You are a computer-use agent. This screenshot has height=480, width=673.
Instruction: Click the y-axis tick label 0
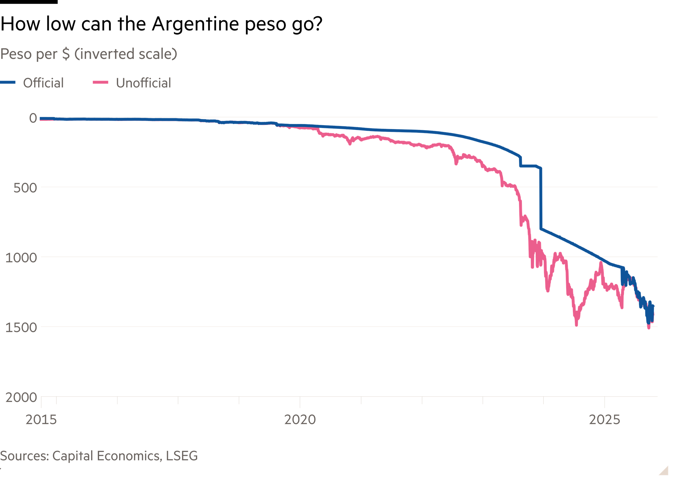click(x=33, y=118)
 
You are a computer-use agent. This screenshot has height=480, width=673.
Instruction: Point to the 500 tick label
click(x=25, y=188)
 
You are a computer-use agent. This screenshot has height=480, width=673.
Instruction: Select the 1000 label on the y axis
click(x=21, y=257)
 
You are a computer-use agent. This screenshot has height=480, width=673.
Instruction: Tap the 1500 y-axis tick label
click(x=21, y=327)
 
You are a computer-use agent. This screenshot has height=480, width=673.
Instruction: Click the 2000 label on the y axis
click(x=21, y=397)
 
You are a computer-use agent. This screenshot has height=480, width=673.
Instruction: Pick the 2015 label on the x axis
click(x=41, y=420)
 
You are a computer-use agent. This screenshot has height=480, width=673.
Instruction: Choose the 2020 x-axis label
click(x=300, y=420)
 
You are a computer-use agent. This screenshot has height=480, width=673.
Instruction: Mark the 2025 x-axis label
click(x=604, y=420)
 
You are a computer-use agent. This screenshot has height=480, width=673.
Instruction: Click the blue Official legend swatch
click(x=8, y=82)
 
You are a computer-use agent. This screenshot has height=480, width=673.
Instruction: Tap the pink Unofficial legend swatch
click(x=101, y=82)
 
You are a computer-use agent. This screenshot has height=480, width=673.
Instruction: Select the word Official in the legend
click(x=43, y=83)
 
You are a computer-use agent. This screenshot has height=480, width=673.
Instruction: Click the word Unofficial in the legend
click(x=143, y=83)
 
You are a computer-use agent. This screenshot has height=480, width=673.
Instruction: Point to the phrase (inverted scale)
click(x=126, y=54)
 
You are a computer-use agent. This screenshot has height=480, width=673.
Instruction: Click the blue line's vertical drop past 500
click(x=541, y=201)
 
